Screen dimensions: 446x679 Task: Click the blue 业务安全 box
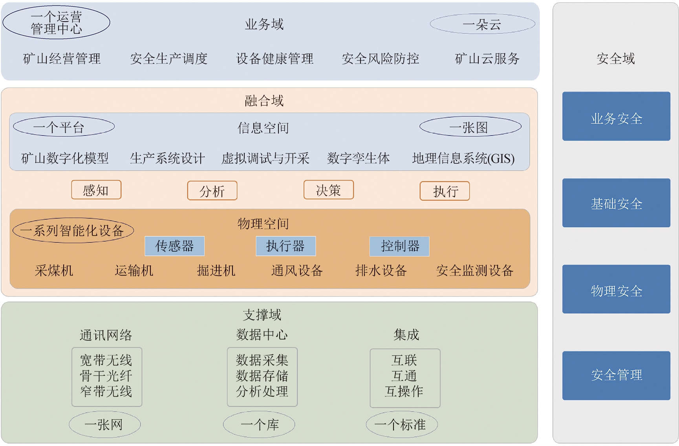pos(616,116)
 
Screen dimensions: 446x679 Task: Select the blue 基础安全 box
pos(616,203)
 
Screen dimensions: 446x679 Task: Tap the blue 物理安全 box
pos(616,289)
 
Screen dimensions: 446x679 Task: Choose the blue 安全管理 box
pos(616,375)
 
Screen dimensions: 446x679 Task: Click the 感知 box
pos(96,190)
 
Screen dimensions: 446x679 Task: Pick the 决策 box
pos(328,190)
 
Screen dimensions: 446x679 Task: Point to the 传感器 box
pos(174,246)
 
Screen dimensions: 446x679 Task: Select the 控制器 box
pos(399,246)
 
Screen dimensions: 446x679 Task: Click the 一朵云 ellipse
pos(482,24)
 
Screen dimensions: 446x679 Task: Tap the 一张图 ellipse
pos(470,127)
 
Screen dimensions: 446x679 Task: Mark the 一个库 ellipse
pos(259,424)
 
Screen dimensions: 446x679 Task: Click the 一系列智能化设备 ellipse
pos(73,230)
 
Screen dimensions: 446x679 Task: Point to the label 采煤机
pos(54,271)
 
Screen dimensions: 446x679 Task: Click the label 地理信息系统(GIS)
pos(463,159)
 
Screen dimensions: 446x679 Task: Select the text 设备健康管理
pos(275,59)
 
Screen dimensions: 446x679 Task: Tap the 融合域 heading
pos(264,101)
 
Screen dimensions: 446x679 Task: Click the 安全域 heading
pos(615,59)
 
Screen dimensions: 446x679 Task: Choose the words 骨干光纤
pos(106,376)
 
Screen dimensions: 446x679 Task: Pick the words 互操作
pos(404,391)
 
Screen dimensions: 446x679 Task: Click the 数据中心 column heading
pos(262,335)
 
